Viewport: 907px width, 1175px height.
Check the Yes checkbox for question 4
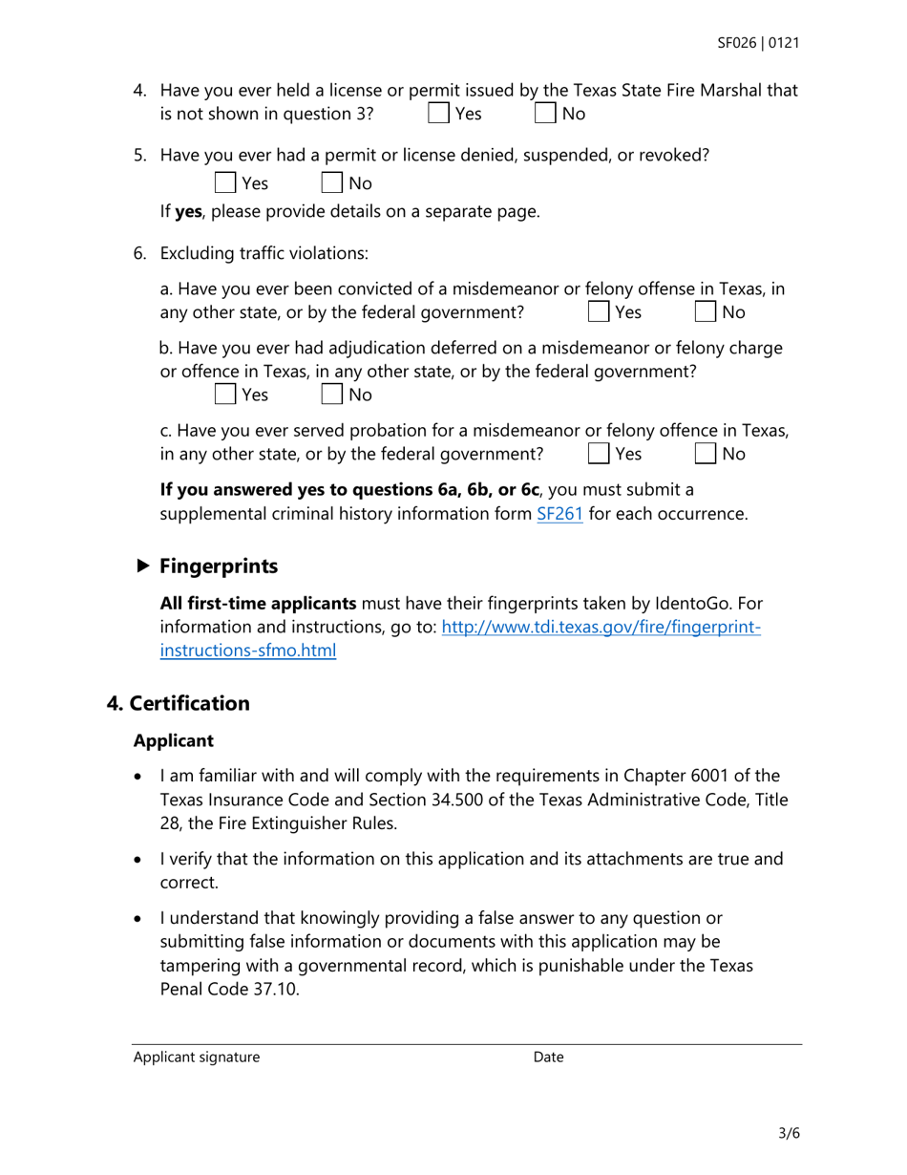[438, 114]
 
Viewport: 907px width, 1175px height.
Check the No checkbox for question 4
[544, 114]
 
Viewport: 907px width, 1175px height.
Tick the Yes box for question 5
[224, 182]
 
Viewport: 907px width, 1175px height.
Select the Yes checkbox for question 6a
[598, 312]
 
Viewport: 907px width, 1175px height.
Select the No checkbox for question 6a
[705, 312]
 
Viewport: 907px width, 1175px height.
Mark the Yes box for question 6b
[224, 395]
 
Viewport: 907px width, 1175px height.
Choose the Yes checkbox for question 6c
[598, 454]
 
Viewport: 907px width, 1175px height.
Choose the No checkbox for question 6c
[705, 454]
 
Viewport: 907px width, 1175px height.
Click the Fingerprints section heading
[219, 566]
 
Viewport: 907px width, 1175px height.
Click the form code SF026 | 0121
[758, 43]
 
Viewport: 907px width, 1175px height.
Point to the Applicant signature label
[196, 1057]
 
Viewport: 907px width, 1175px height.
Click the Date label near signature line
[548, 1057]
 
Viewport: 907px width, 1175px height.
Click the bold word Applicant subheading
[173, 740]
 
